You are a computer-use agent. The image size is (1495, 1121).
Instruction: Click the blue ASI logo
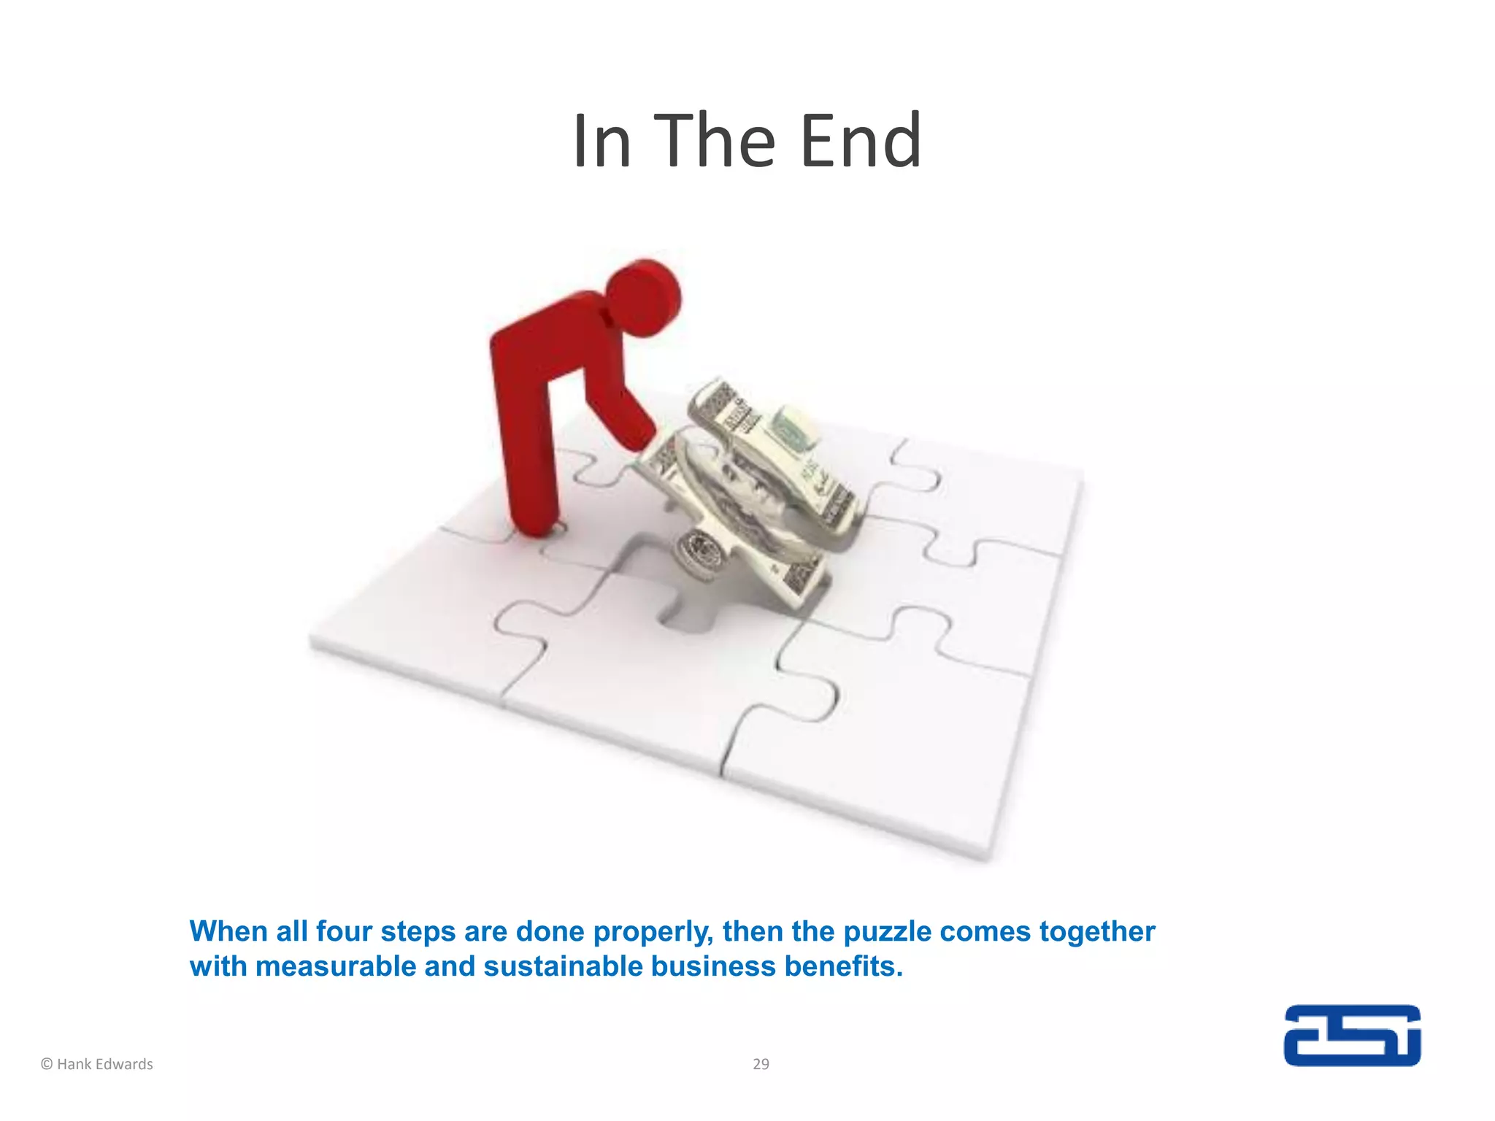[x=1352, y=1036]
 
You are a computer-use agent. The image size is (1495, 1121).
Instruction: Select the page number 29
[x=761, y=1064]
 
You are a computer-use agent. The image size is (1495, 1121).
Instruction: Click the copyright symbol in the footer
[x=47, y=1064]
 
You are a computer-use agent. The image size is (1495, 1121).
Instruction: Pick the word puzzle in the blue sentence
[x=887, y=932]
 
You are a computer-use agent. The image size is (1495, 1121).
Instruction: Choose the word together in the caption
[x=1096, y=933]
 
